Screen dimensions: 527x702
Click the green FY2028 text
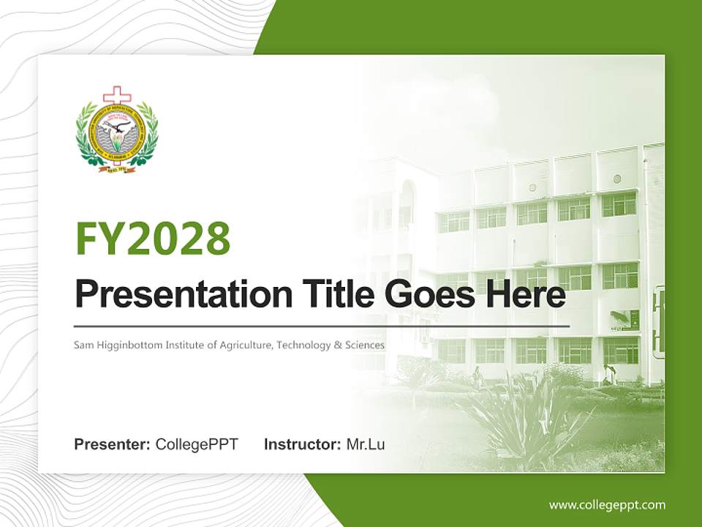pyautogui.click(x=153, y=238)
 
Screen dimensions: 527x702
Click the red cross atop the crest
pyautogui.click(x=115, y=96)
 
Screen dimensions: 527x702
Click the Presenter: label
pyautogui.click(x=113, y=444)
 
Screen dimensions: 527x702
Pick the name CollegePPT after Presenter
pyautogui.click(x=197, y=444)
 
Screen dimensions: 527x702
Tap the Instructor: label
pyautogui.click(x=302, y=444)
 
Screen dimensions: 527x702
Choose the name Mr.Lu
pyautogui.click(x=366, y=444)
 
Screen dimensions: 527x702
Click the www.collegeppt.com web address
pyautogui.click(x=607, y=505)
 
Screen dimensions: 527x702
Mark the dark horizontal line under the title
pyautogui.click(x=322, y=326)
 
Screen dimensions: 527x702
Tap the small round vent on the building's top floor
pyautogui.click(x=616, y=179)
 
